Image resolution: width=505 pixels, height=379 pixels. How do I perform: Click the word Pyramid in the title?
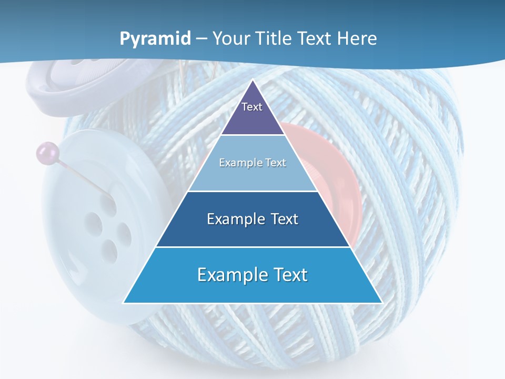(x=155, y=39)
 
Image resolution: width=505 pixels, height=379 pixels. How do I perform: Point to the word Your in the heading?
(x=231, y=38)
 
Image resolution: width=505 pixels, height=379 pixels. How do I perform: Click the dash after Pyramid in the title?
(x=201, y=39)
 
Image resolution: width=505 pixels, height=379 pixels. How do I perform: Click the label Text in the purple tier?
(x=252, y=107)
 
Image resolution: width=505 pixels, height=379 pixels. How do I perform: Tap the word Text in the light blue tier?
(x=276, y=163)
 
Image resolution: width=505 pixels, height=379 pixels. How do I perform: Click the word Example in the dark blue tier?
(x=234, y=219)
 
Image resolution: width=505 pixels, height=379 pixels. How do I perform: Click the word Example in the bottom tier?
(x=227, y=275)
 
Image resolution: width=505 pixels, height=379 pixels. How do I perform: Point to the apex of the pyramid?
(x=252, y=81)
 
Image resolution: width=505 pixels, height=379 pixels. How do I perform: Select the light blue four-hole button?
(x=95, y=226)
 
